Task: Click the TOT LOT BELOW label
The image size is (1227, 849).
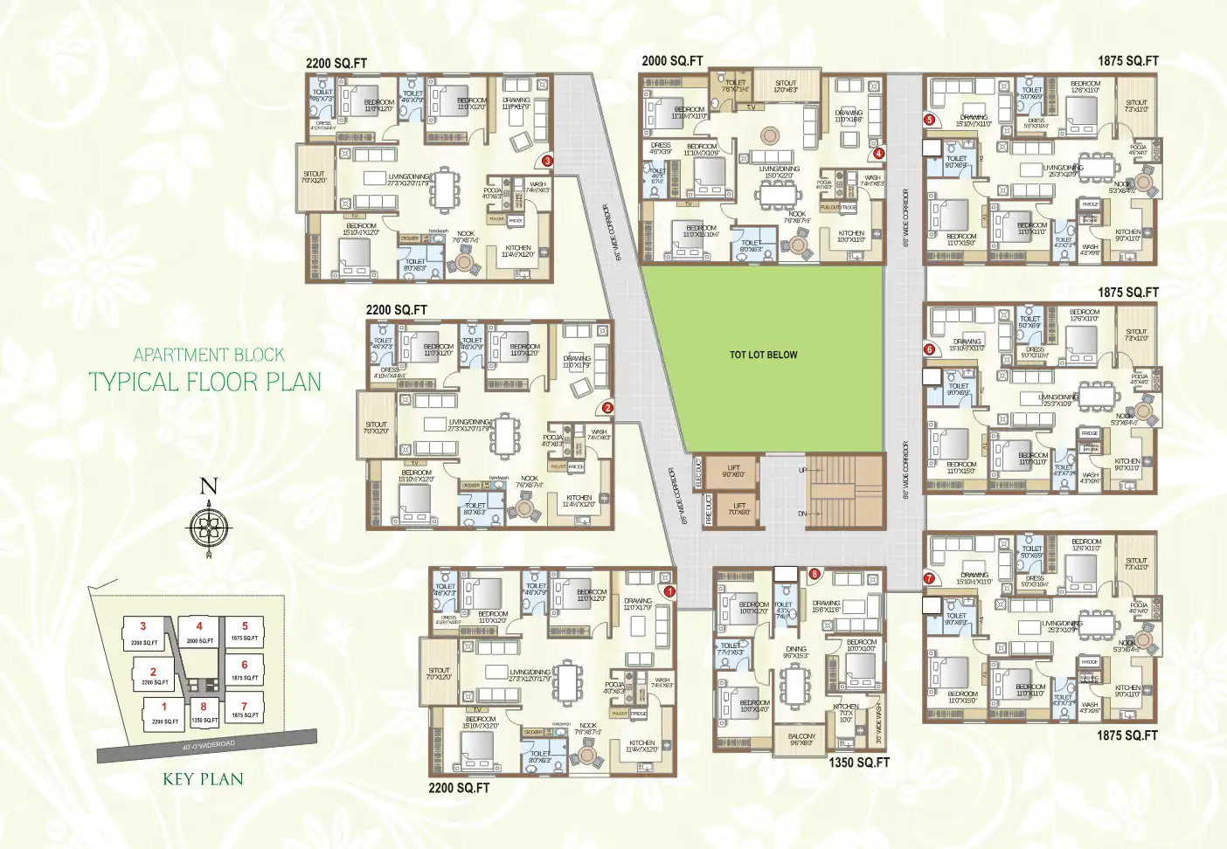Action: pos(763,355)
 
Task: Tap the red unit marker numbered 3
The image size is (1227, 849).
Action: pos(547,161)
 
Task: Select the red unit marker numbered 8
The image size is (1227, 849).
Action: pos(815,574)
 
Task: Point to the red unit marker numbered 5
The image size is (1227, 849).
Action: pos(930,120)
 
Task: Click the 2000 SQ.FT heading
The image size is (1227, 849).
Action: pos(672,61)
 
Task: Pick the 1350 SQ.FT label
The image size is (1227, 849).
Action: pos(859,763)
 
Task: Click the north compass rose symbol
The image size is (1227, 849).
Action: pos(208,526)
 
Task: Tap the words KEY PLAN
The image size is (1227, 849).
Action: pos(203,779)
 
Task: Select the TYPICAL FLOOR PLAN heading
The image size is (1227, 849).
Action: pos(204,382)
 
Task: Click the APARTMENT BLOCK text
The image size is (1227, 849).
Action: pos(209,355)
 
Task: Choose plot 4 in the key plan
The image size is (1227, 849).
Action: pos(199,632)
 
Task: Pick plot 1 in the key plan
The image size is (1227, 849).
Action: pos(164,713)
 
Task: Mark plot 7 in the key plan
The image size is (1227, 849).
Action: pos(245,710)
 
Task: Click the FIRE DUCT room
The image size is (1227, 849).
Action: pos(709,510)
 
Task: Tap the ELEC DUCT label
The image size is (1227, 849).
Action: pos(697,472)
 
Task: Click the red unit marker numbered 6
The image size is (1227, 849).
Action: pos(929,349)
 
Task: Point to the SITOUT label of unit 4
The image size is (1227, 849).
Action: pos(786,86)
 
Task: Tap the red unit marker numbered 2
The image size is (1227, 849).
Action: pos(607,408)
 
